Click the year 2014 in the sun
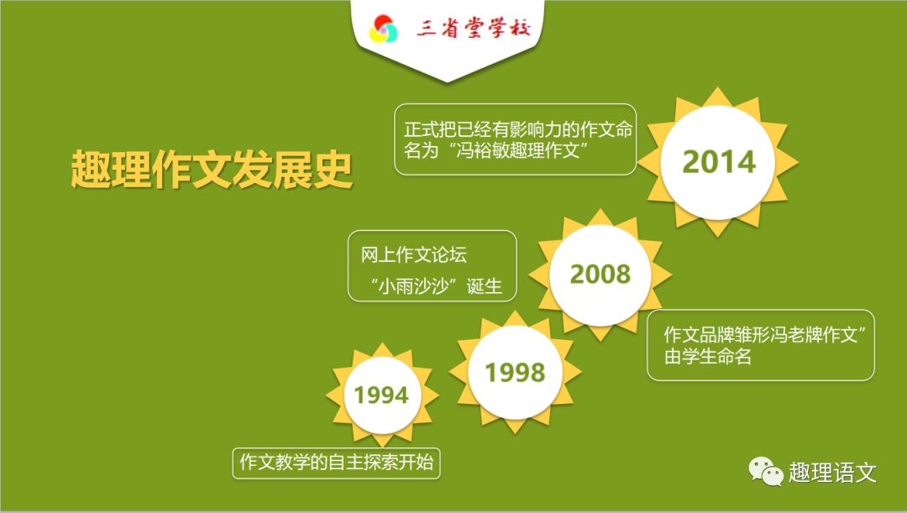point(719,161)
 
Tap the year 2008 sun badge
point(600,275)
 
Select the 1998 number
point(515,373)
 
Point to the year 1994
point(381,395)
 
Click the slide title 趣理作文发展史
point(212,170)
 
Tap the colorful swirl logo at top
point(384,29)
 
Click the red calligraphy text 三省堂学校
point(473,28)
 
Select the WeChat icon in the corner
point(766,471)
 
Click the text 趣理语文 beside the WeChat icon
point(833,473)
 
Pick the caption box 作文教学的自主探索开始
point(336,463)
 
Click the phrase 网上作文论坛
point(413,254)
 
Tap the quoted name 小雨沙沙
point(413,285)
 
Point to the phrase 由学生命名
point(707,356)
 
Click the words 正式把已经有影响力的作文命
point(518,129)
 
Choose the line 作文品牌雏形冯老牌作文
point(760,334)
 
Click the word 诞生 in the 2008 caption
point(485,285)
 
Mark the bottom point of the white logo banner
point(447,81)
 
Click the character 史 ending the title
point(333,170)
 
